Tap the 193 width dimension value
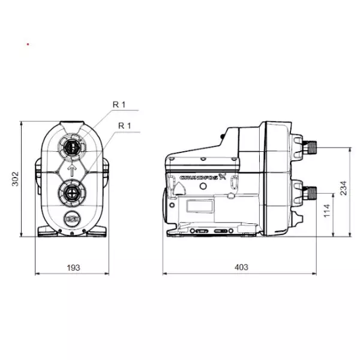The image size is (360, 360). point(72,267)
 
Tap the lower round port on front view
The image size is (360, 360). point(72,193)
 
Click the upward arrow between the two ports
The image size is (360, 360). point(72,170)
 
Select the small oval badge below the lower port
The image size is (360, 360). point(72,219)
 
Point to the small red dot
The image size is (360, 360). point(27,44)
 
